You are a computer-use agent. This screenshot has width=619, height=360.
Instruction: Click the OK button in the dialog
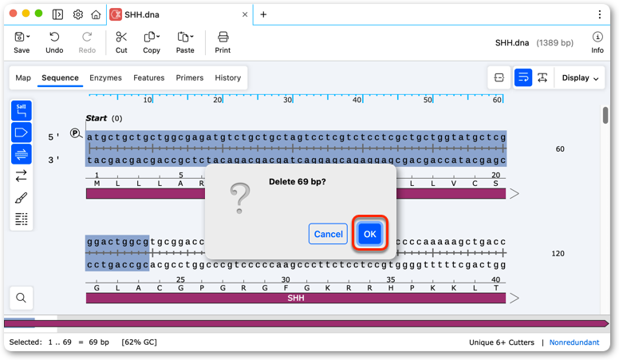coord(369,234)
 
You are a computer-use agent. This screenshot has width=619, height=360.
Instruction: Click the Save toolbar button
coord(22,42)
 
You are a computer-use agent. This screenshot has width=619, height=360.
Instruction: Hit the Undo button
coord(54,42)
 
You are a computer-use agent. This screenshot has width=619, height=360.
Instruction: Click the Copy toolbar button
coord(152,42)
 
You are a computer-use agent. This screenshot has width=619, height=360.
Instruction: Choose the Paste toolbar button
coord(185,42)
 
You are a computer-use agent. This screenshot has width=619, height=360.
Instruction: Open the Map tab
coord(23,78)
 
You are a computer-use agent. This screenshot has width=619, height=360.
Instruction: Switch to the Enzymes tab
coord(105,78)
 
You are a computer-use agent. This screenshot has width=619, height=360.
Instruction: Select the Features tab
coord(149,78)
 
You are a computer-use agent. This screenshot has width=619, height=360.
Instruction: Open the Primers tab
coord(190,78)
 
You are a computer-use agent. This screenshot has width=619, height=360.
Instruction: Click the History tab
coord(228,78)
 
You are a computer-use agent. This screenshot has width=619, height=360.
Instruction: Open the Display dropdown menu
coord(580,78)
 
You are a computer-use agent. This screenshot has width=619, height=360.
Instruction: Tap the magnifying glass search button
coord(22,298)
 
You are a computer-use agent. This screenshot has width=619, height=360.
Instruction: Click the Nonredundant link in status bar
coord(574,342)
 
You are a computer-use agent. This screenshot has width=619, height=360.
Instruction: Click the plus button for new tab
coord(263,14)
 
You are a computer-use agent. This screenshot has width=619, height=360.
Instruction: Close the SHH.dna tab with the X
coord(245,14)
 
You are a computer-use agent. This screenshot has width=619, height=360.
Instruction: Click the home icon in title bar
coord(96,14)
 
